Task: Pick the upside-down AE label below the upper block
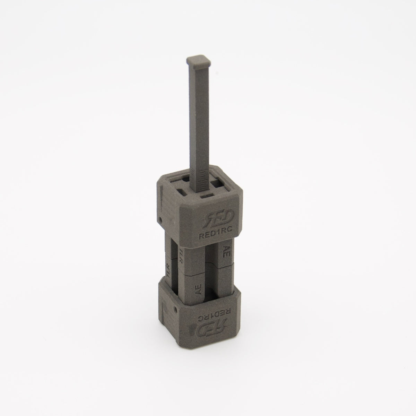tap(226, 251)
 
